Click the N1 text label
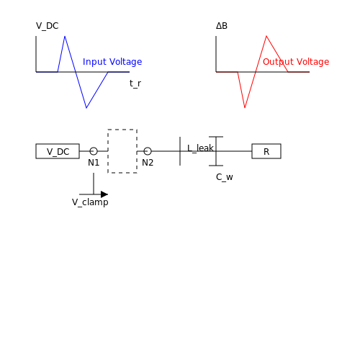pyautogui.click(x=94, y=163)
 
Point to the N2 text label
pyautogui.click(x=148, y=163)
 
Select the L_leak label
pyautogui.click(x=200, y=148)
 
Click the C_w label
pyautogui.click(x=225, y=177)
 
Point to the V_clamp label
pyautogui.click(x=90, y=202)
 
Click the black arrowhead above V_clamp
pyautogui.click(x=104, y=194)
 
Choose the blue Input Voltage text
pyautogui.click(x=112, y=62)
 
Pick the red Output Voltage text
pyautogui.click(x=296, y=62)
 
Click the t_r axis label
pyautogui.click(x=135, y=84)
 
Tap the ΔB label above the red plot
pyautogui.click(x=222, y=26)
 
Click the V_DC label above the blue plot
pyautogui.click(x=48, y=26)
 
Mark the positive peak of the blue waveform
pyautogui.click(x=65, y=36)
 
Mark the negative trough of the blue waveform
pyautogui.click(x=86, y=108)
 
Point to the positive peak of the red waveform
pyautogui.click(x=266, y=36)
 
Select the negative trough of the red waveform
pyautogui.click(x=245, y=108)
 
